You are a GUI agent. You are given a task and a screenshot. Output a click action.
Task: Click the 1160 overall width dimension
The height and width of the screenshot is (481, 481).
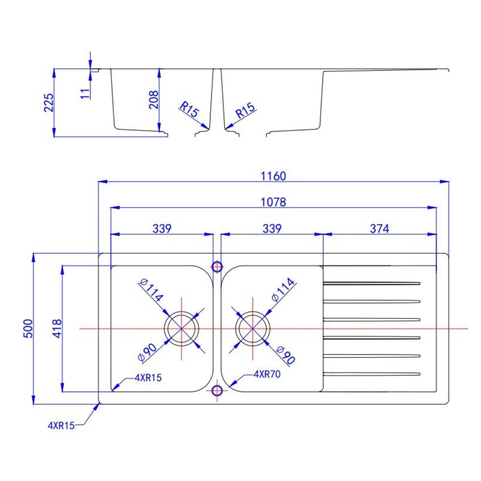pyautogui.click(x=273, y=176)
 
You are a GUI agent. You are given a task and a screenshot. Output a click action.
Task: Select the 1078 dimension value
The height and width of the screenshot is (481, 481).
pyautogui.click(x=273, y=202)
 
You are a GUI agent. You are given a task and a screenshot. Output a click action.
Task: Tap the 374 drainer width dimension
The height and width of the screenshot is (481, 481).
pyautogui.click(x=380, y=228)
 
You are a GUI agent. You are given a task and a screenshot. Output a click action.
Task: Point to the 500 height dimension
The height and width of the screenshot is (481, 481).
pyautogui.click(x=28, y=329)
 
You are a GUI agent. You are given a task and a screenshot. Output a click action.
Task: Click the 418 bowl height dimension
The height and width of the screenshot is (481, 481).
pyautogui.click(x=57, y=329)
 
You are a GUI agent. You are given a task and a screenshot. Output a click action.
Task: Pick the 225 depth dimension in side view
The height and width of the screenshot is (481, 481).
pyautogui.click(x=49, y=103)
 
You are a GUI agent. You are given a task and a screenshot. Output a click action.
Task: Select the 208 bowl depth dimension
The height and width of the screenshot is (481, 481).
pyautogui.click(x=153, y=100)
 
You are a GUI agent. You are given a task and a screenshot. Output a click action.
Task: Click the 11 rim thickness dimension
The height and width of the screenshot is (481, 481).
pyautogui.click(x=85, y=94)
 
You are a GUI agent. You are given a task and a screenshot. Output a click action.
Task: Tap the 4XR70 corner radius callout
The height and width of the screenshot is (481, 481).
pyautogui.click(x=267, y=374)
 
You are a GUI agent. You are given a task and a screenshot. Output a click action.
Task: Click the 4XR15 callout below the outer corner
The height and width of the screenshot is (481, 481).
pyautogui.click(x=61, y=426)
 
